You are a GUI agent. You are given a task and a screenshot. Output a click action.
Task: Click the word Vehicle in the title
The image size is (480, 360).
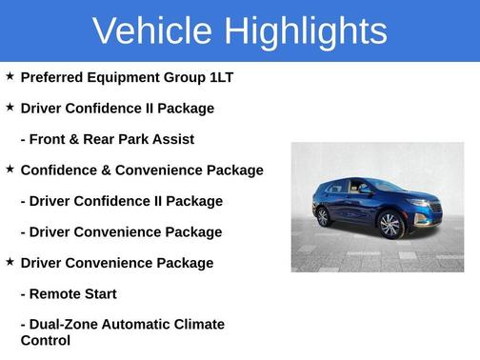(x=152, y=30)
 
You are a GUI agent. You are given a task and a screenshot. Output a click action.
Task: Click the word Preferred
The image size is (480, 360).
(x=53, y=77)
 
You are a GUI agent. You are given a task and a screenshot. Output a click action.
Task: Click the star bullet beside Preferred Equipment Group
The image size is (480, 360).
(x=10, y=76)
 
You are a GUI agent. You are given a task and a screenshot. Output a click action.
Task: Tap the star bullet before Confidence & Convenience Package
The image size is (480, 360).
(x=10, y=169)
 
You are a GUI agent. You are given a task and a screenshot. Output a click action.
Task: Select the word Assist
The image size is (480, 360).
(x=172, y=139)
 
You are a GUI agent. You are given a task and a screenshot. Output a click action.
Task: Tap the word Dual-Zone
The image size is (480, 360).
(x=66, y=325)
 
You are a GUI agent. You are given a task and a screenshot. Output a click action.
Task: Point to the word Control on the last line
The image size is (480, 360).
(x=46, y=340)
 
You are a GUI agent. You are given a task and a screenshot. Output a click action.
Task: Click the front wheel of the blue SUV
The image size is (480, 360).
(x=389, y=225)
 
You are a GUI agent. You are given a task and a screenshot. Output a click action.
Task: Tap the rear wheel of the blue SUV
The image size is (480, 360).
(x=323, y=216)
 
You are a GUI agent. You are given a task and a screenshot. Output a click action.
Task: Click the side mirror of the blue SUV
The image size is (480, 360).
(x=366, y=190)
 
